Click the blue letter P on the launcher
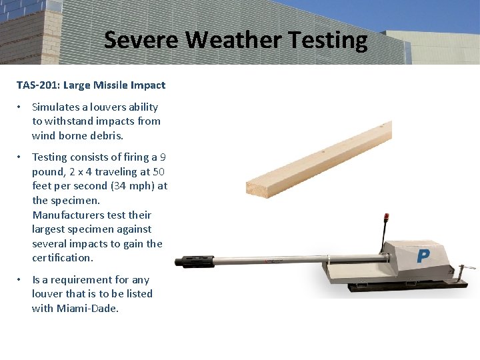pos(423,256)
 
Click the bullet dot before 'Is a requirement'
pos(21,280)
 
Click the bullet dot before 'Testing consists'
pos(21,157)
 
